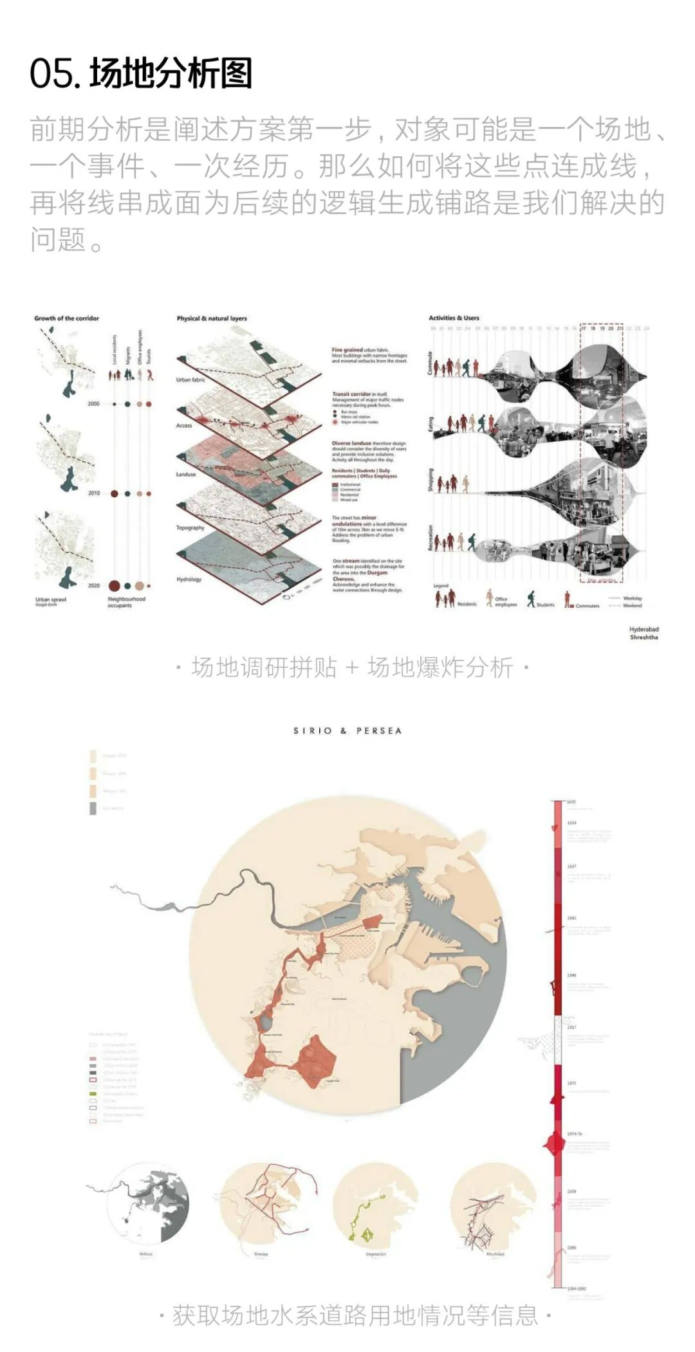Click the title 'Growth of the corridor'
[66, 318]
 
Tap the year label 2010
[94, 493]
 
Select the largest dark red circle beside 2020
[114, 585]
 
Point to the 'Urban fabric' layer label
[190, 380]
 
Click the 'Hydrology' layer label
[189, 580]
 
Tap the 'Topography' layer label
[190, 528]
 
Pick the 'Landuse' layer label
[185, 474]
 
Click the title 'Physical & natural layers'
[212, 318]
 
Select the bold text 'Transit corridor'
[351, 394]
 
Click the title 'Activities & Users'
[454, 318]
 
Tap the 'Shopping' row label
[431, 480]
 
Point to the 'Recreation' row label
[431, 538]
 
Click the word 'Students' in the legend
[545, 605]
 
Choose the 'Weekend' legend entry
[632, 605]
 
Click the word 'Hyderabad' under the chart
[644, 629]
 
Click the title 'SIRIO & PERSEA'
[347, 731]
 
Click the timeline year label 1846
[571, 975]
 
